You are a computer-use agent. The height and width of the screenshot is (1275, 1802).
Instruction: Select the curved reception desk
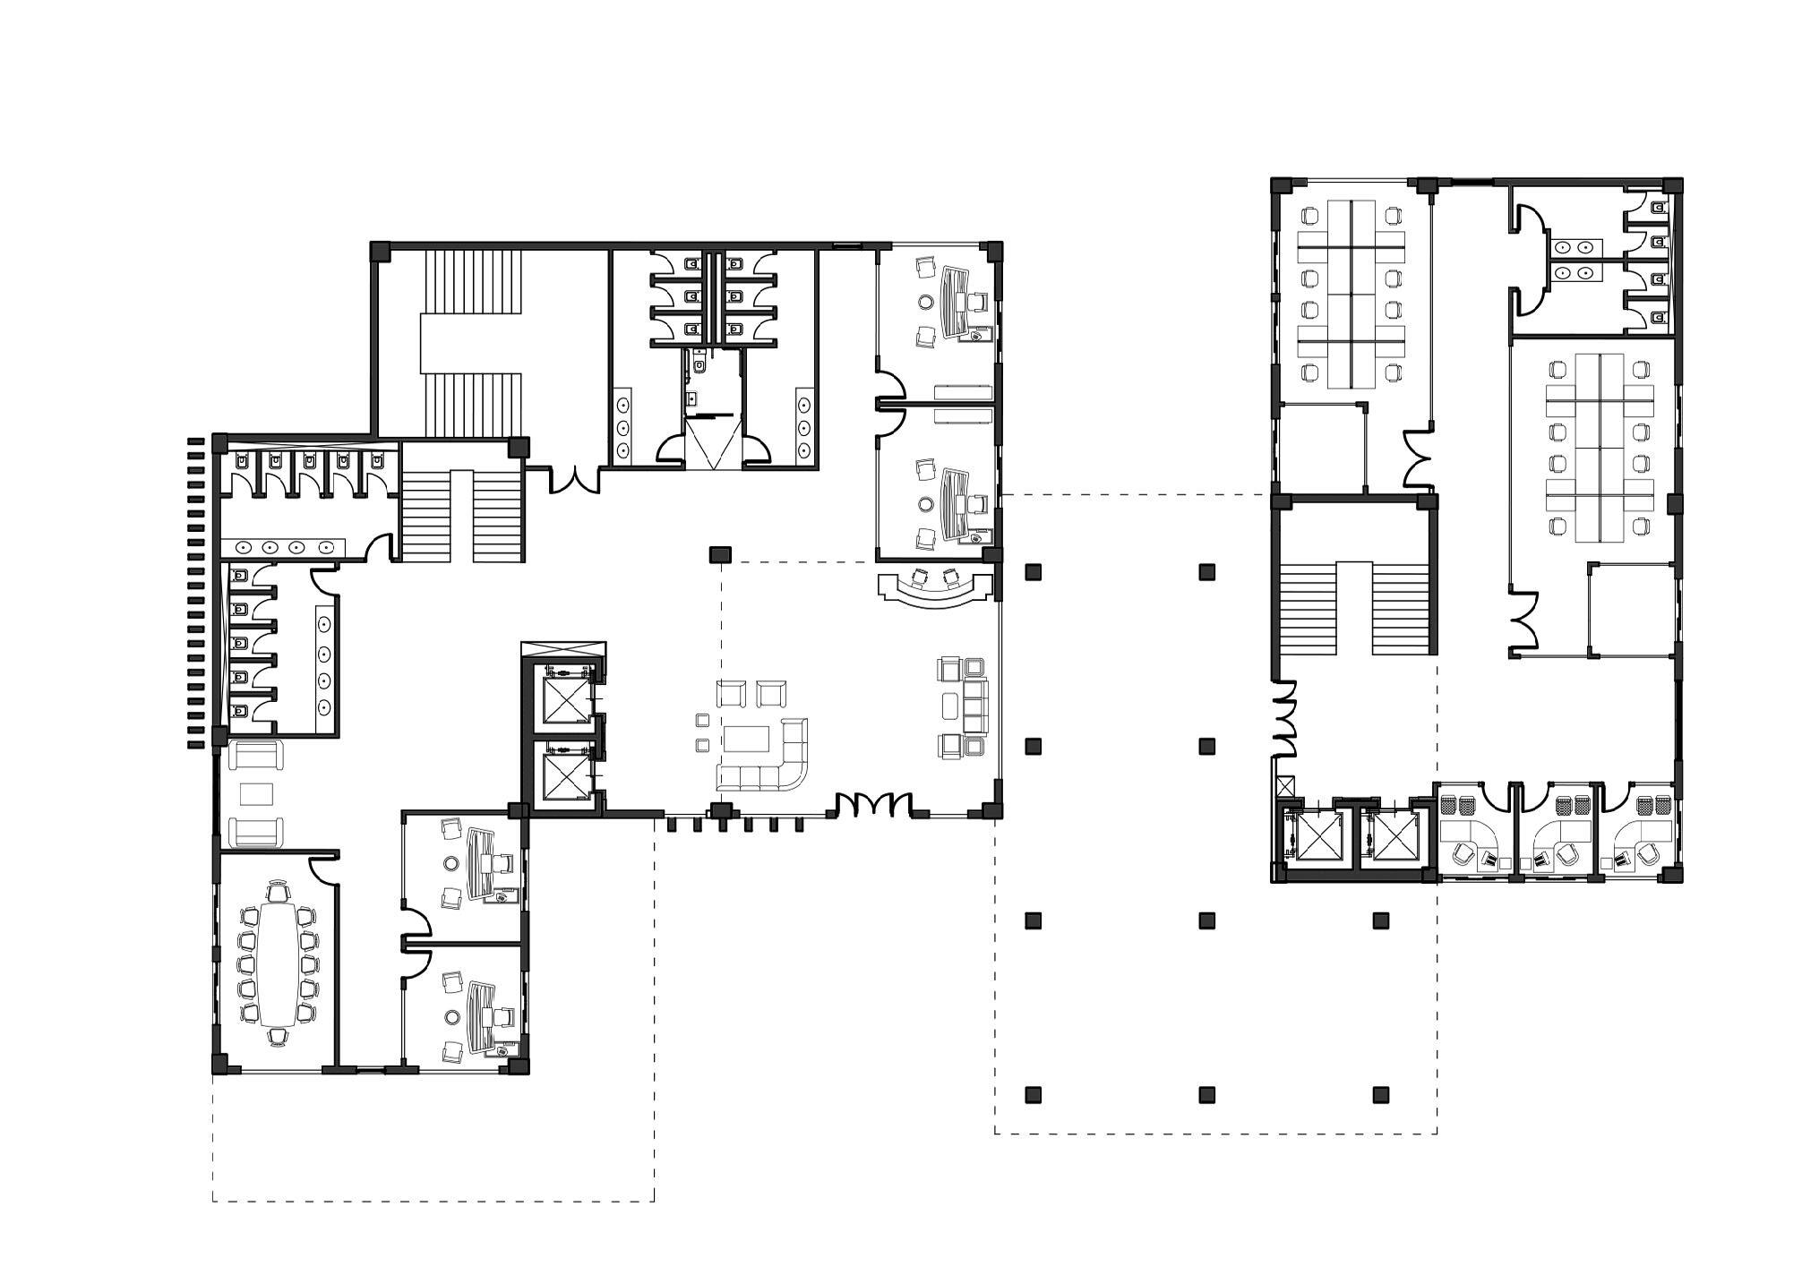point(937,592)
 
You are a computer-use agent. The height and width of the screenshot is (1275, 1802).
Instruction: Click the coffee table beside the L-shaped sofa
point(747,739)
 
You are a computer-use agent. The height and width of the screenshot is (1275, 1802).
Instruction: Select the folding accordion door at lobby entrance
point(875,804)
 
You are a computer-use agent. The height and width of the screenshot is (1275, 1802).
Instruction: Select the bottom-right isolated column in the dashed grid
point(1381,1094)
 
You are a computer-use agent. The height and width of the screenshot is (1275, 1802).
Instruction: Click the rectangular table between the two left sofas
point(257,794)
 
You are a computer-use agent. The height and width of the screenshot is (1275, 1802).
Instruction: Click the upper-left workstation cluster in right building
point(1351,295)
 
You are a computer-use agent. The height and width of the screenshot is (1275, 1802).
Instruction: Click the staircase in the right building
point(1354,609)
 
